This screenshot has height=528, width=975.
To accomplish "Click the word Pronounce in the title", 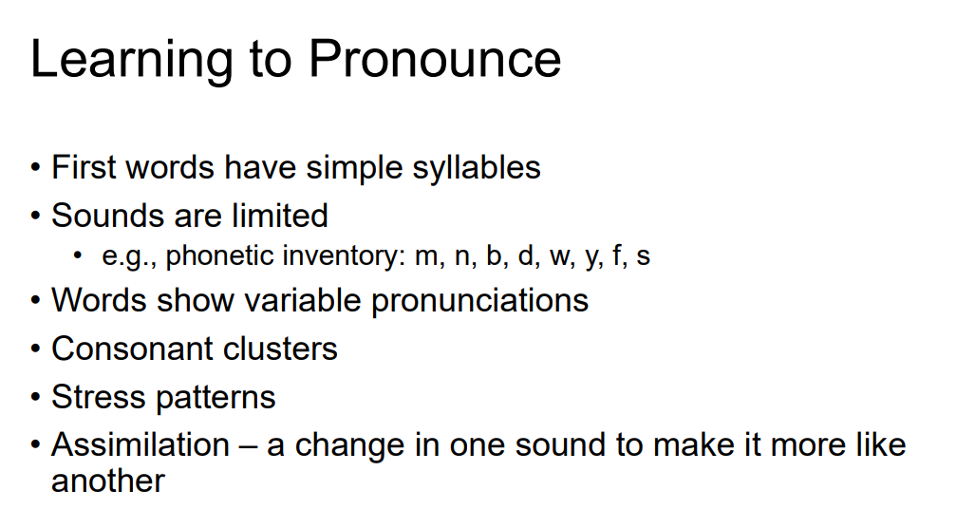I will click(434, 59).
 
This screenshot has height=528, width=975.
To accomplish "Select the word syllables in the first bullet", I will click(477, 168).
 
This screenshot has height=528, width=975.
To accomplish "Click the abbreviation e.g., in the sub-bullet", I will click(129, 256).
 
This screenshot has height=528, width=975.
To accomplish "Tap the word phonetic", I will click(217, 256).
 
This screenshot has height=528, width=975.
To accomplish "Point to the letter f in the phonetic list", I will click(618, 256).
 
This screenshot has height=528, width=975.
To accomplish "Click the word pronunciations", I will click(479, 301).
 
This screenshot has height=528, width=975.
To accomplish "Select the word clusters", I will click(280, 349).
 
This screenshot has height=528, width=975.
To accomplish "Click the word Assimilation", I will click(141, 444).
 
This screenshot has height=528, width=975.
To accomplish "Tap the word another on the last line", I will click(107, 481).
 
